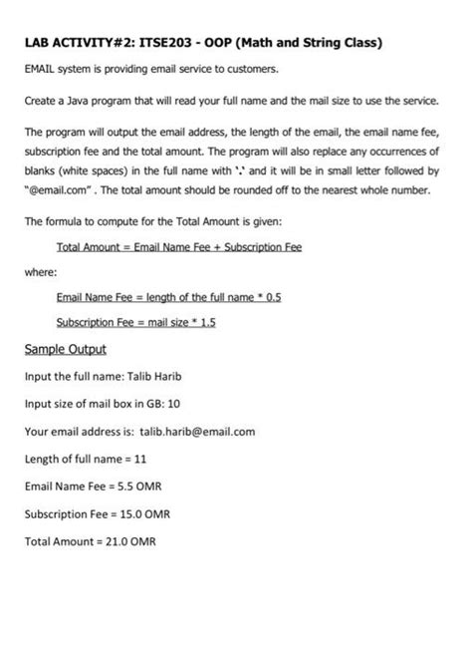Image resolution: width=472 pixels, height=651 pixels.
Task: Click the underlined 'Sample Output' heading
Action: (x=65, y=350)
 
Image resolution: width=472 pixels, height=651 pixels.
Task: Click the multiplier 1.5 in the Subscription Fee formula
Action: (x=205, y=323)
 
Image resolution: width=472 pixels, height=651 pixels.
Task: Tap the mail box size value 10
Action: (x=174, y=405)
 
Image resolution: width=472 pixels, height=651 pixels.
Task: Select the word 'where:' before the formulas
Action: (x=41, y=271)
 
